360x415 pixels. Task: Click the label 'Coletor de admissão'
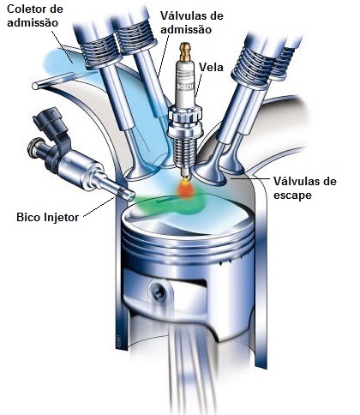[x=35, y=15]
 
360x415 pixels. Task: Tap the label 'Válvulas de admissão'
[x=191, y=22]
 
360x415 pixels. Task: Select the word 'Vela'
[x=211, y=67]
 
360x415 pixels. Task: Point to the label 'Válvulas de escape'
[x=305, y=189]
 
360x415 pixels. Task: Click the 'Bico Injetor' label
[x=47, y=217]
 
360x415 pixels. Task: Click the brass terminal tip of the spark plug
[x=185, y=51]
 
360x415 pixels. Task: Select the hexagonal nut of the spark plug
[x=185, y=117]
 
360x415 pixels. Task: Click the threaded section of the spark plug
[x=184, y=154]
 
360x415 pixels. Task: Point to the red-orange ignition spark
[x=186, y=189]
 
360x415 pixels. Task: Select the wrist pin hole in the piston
[x=157, y=291]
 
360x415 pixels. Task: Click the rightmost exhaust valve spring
[x=282, y=63]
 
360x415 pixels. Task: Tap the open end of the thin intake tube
[x=35, y=86]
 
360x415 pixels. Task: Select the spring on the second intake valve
[x=135, y=37]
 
